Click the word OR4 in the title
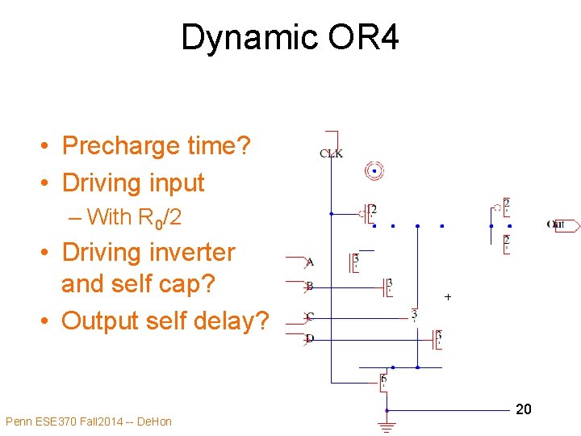click(359, 38)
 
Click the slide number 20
click(523, 410)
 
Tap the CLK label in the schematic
click(331, 153)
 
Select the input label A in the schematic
click(310, 262)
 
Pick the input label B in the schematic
click(309, 286)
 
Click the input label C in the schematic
click(310, 316)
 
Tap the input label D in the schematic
click(310, 339)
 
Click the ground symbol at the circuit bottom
click(387, 426)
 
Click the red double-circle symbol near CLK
click(374, 170)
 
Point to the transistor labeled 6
click(383, 380)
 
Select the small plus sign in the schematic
click(448, 297)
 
